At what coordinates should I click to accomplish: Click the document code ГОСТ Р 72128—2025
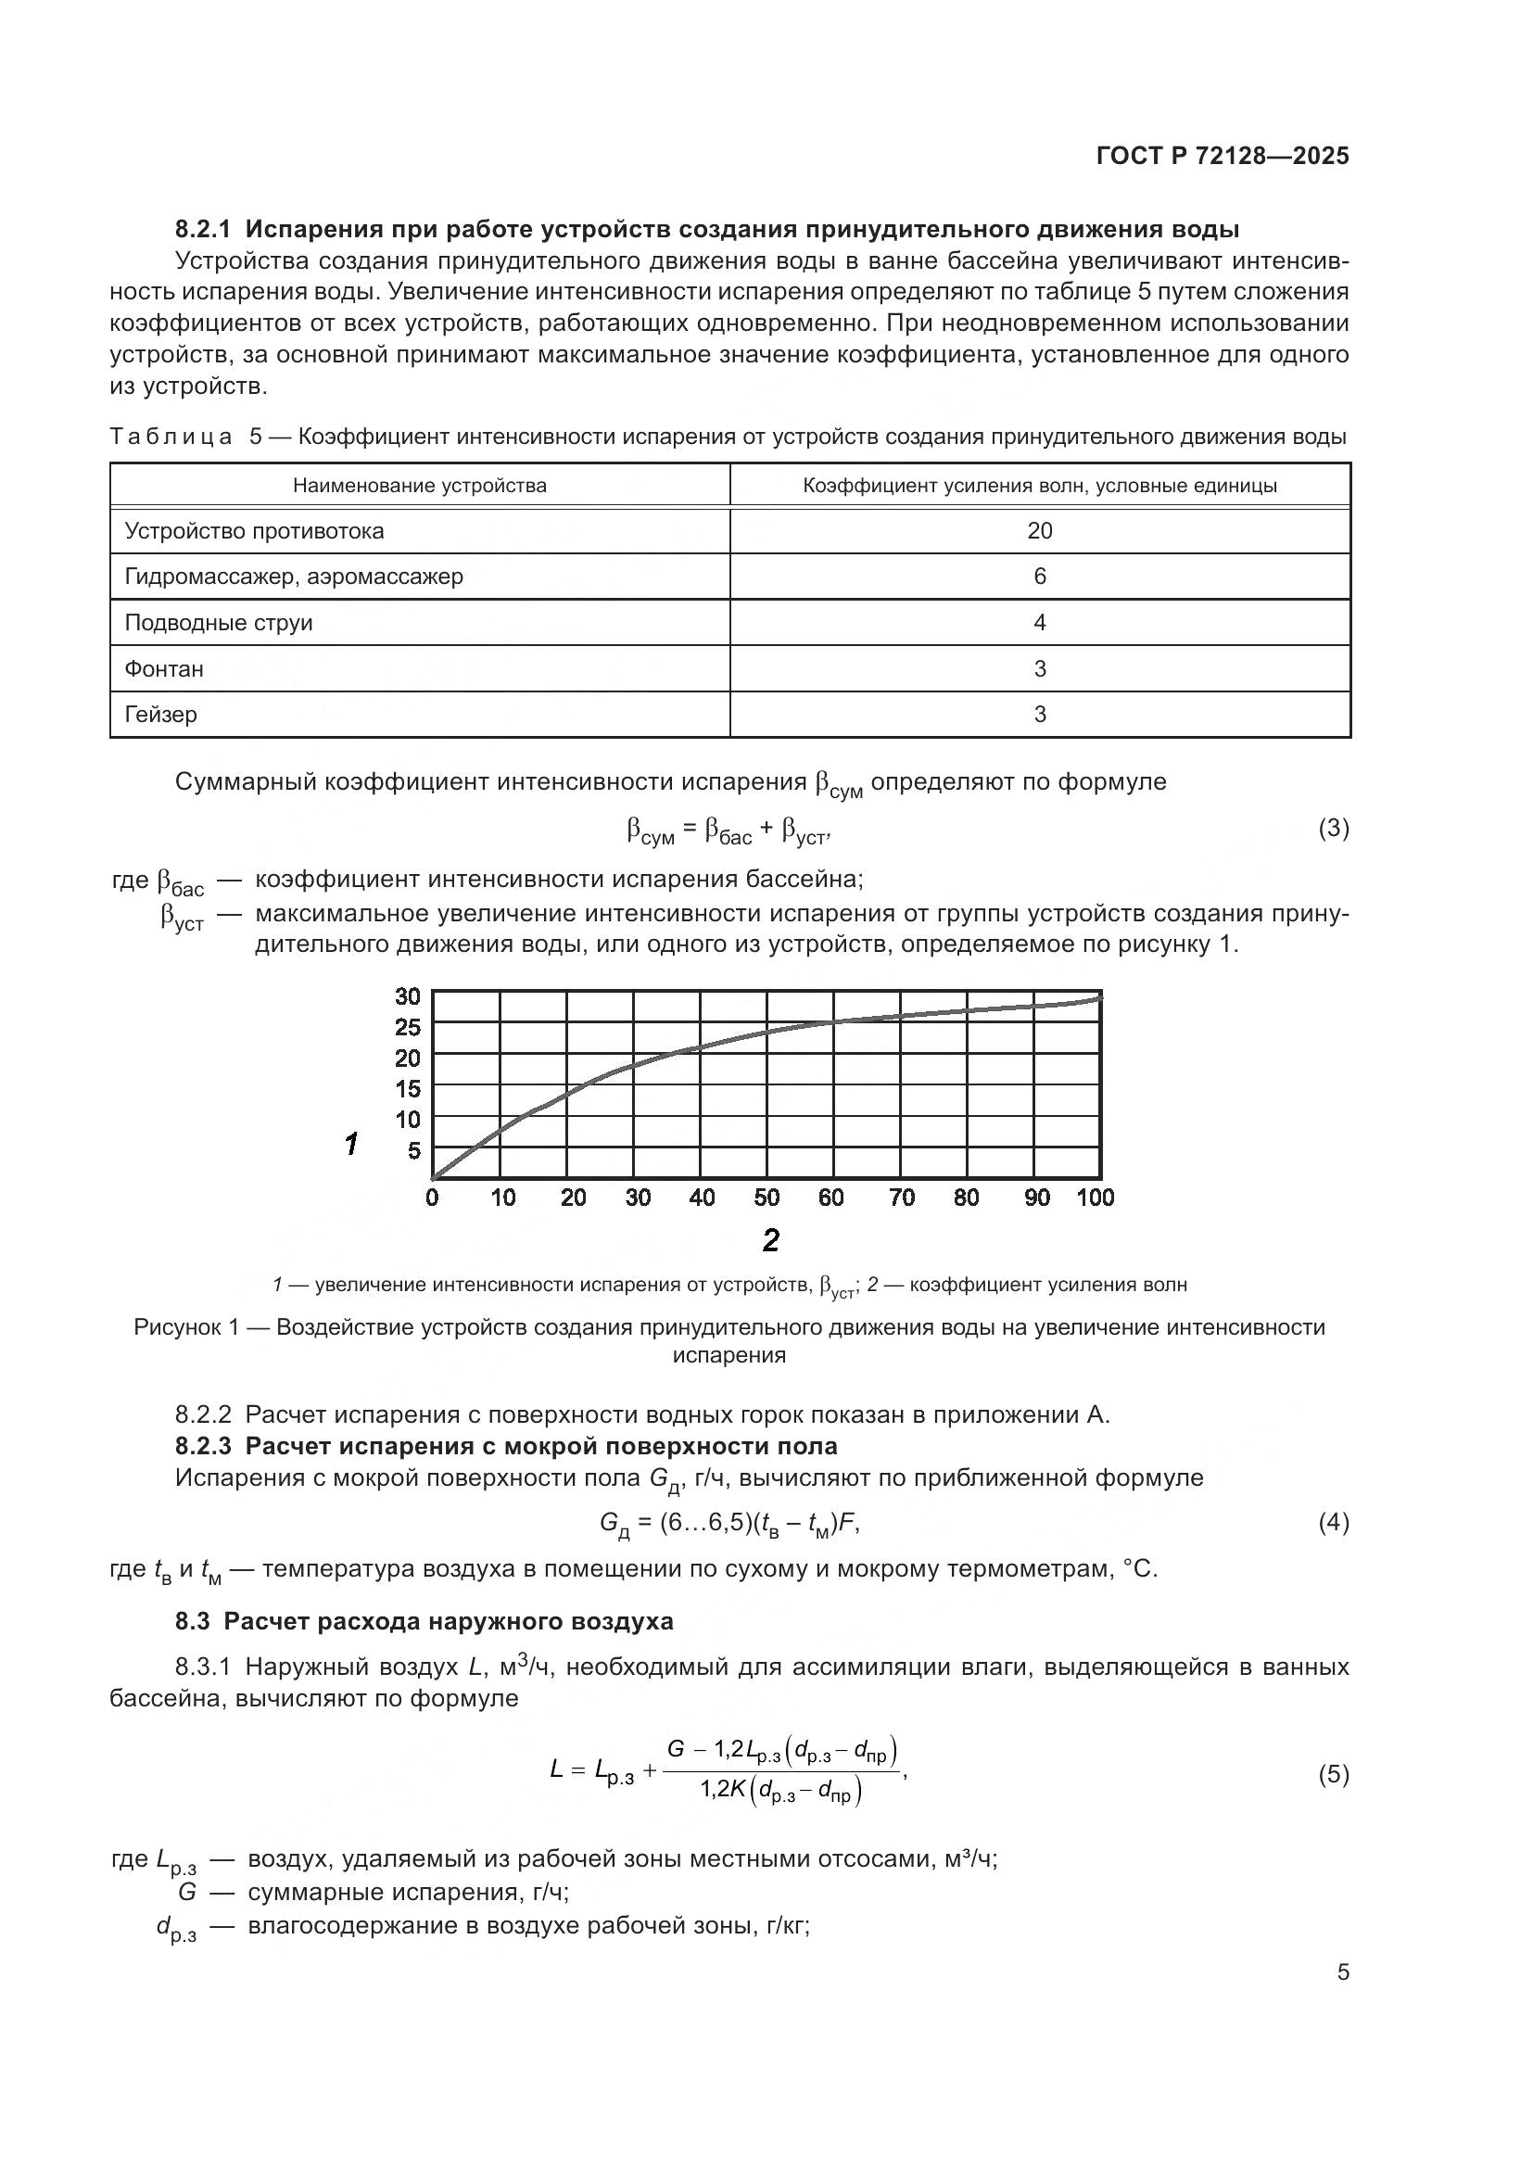1223,157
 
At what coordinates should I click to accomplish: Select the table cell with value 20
1039,531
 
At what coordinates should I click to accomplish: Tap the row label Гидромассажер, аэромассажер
294,576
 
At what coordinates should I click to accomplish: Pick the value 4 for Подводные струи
1039,622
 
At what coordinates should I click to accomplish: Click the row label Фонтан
164,668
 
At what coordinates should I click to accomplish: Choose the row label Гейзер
161,714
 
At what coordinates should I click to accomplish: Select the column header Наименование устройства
419,486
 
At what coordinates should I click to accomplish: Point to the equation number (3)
1333,828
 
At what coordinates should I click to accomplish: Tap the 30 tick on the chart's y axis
407,996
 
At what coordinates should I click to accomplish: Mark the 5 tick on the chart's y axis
413,1151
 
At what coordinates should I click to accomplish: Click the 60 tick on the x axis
830,1198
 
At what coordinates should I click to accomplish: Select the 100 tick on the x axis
1095,1198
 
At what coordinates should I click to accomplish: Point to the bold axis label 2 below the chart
770,1241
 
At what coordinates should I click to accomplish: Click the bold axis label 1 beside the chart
351,1145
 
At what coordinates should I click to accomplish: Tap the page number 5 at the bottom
1342,1972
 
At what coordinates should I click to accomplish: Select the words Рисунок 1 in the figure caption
185,1327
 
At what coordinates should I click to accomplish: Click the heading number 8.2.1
202,230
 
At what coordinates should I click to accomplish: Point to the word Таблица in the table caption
171,437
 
